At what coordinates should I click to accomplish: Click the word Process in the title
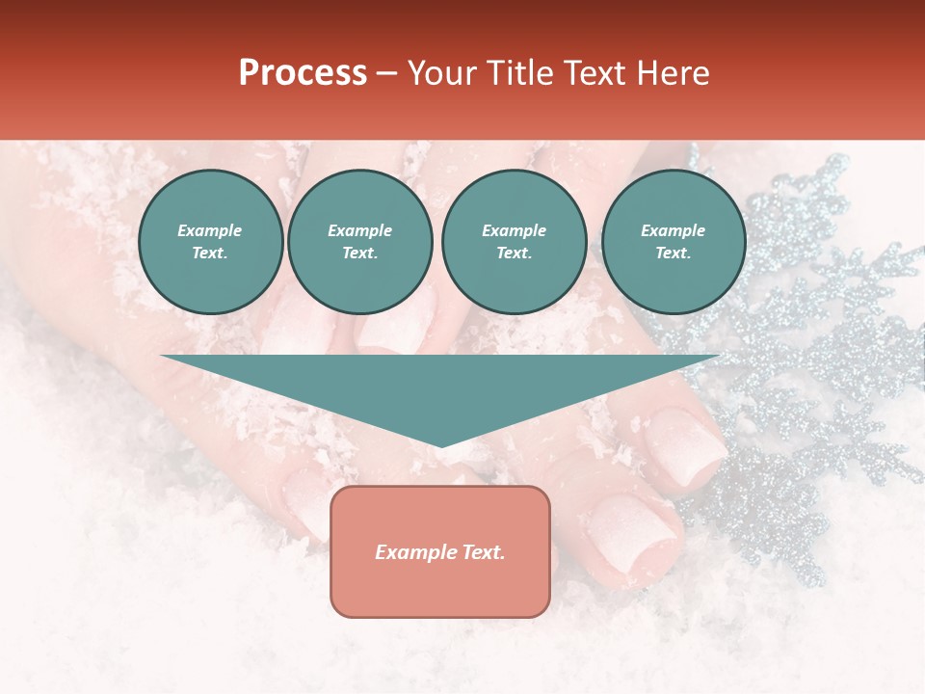[303, 73]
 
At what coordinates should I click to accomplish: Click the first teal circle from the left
[210, 242]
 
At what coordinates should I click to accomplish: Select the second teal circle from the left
[359, 242]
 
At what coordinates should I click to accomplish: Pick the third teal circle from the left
[514, 242]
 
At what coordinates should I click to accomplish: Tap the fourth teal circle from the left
[673, 242]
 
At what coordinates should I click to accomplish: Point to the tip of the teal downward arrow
[440, 444]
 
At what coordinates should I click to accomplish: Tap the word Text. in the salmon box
[483, 552]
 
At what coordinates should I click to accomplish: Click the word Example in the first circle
[210, 230]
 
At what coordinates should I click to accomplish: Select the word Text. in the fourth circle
[673, 254]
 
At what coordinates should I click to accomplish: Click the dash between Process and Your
[386, 73]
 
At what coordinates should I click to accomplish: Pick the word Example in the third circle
[514, 230]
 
